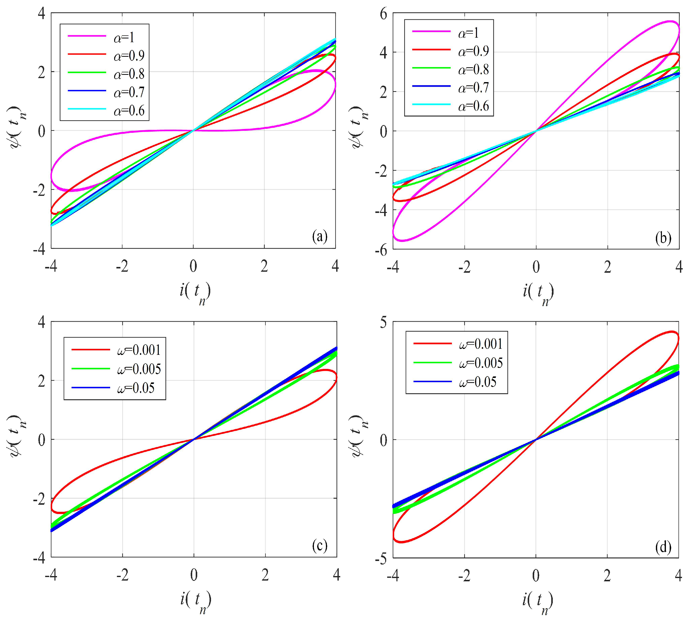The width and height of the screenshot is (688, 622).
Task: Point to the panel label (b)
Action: pos(663,238)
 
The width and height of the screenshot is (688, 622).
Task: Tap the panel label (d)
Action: pos(663,547)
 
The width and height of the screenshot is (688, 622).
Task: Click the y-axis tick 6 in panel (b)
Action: pos(384,14)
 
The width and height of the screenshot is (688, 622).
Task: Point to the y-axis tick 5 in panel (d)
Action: pos(384,322)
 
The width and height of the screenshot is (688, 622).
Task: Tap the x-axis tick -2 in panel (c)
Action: pos(122,576)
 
